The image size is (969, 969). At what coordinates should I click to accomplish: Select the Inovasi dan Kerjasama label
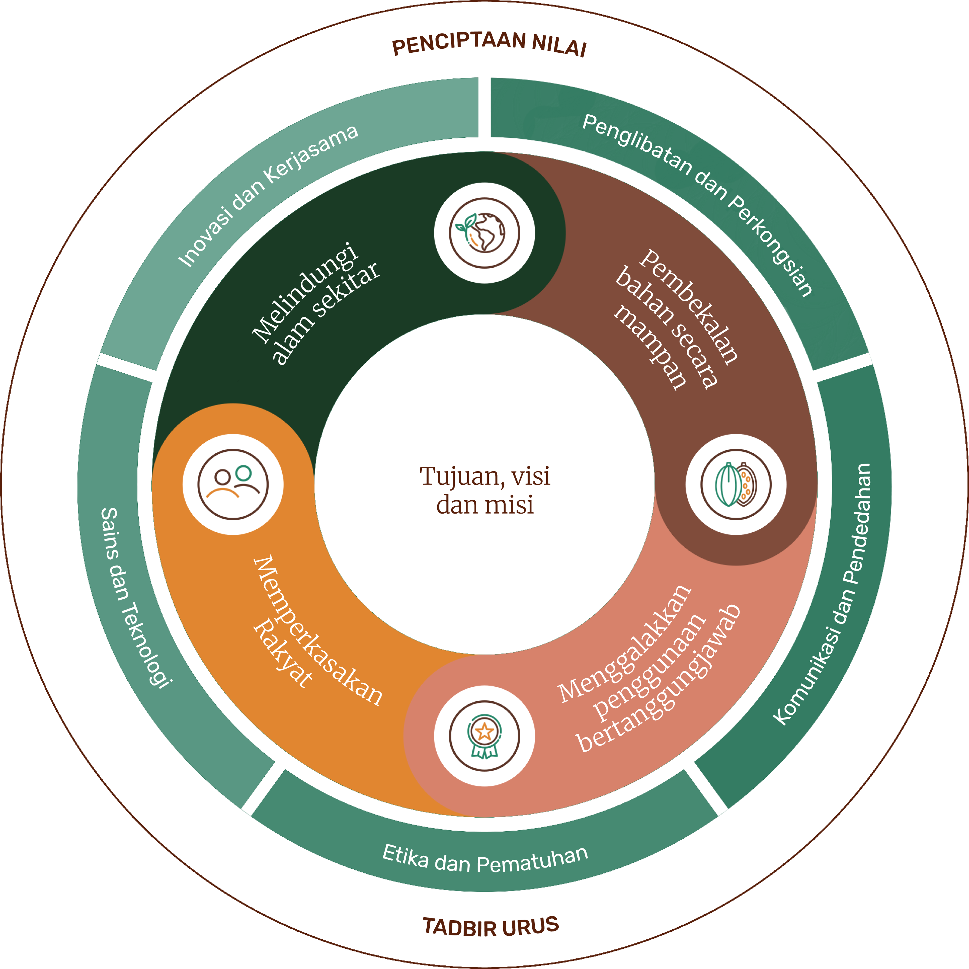[x=268, y=196]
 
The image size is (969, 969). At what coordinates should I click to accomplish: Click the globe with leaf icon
[x=484, y=233]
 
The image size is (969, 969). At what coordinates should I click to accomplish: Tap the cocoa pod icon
[x=736, y=484]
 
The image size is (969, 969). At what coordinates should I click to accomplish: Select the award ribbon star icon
[x=484, y=736]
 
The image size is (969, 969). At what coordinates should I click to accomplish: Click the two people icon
[x=233, y=484]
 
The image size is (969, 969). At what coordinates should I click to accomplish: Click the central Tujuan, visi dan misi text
[x=485, y=490]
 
